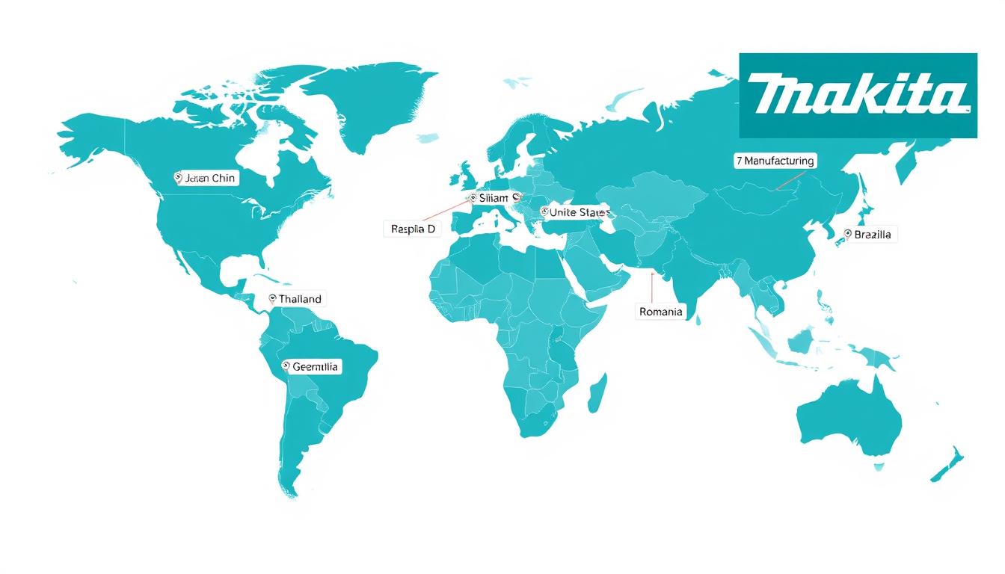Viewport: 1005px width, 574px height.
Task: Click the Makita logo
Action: click(x=858, y=96)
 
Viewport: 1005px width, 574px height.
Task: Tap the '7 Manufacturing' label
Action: click(x=775, y=161)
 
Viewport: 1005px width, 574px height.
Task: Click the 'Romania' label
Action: click(x=661, y=312)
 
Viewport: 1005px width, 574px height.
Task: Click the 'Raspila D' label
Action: click(x=413, y=229)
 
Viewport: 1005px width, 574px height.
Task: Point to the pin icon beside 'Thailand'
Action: click(x=272, y=299)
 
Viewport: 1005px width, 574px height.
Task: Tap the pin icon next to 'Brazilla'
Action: click(x=848, y=234)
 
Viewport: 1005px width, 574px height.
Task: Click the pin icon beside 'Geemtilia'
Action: click(x=286, y=366)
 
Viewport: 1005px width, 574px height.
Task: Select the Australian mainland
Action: click(x=849, y=419)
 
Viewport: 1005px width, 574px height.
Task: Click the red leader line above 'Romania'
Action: click(x=653, y=288)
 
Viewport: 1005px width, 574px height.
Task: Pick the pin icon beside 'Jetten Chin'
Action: click(x=178, y=178)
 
